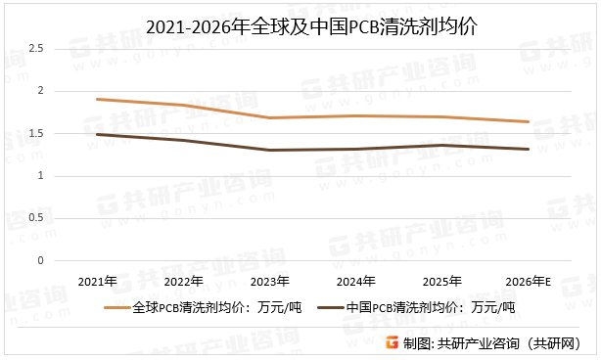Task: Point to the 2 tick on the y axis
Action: [x=40, y=91]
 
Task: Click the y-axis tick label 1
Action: [x=40, y=176]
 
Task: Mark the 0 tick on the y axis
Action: [x=40, y=261]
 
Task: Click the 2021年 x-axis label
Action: [x=97, y=282]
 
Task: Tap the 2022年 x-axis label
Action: [x=184, y=282]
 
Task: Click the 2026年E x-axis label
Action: [x=530, y=282]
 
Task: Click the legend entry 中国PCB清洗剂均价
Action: [x=431, y=307]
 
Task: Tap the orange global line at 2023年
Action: [x=268, y=117]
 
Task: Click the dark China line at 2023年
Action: [x=268, y=150]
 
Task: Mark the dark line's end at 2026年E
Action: [x=529, y=149]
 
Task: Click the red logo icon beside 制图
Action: [x=391, y=342]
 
